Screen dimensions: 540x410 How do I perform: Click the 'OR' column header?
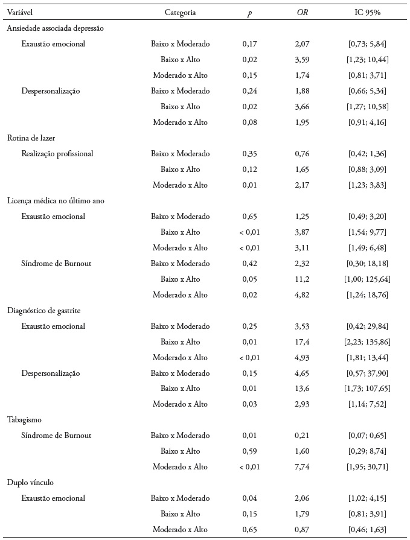(x=302, y=12)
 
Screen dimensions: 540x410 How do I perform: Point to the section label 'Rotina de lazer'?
(x=31, y=138)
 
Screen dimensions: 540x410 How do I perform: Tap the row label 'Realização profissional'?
(x=57, y=154)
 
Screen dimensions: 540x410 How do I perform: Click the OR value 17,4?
(x=302, y=342)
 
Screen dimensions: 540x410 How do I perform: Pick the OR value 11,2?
(x=302, y=279)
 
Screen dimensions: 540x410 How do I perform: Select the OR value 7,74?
(x=302, y=467)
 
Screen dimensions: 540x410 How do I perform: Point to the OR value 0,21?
(x=302, y=436)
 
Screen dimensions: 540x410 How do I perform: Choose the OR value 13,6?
(x=302, y=389)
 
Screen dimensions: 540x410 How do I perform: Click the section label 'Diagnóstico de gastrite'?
(x=43, y=310)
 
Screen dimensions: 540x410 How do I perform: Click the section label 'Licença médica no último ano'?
(x=56, y=201)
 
